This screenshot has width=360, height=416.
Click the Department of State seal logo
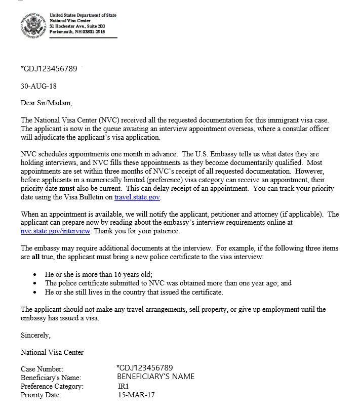(x=33, y=24)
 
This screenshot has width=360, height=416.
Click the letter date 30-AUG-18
(x=38, y=86)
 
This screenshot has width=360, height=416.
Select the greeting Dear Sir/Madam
(x=47, y=103)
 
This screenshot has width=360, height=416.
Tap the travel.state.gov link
(x=137, y=197)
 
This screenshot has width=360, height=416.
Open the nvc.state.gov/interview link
(x=56, y=231)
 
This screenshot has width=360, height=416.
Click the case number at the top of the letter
(x=49, y=69)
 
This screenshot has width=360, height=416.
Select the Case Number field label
(x=42, y=369)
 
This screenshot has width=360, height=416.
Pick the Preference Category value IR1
(x=124, y=386)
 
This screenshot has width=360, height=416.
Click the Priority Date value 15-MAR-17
(x=136, y=395)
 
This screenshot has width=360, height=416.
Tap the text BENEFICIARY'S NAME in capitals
(x=155, y=377)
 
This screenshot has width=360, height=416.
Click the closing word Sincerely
(x=35, y=335)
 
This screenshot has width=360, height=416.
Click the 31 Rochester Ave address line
(x=77, y=26)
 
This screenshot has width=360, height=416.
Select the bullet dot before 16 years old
(x=34, y=274)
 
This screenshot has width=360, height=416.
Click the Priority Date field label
(x=41, y=395)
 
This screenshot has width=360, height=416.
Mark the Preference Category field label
(x=52, y=387)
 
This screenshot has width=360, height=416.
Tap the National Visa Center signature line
(x=52, y=352)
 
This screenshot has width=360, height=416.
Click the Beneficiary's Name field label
(x=51, y=378)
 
